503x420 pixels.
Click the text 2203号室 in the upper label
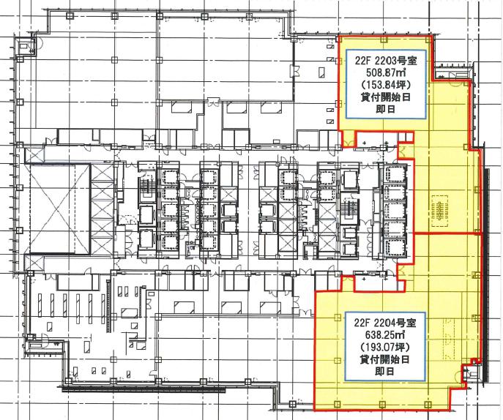point(397,61)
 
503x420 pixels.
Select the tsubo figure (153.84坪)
point(386,85)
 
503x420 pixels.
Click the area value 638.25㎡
point(385,334)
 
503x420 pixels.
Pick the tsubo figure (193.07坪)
point(385,347)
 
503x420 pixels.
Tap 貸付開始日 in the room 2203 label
point(386,97)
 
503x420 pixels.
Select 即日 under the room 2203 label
point(386,109)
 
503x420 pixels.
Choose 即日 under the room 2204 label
point(385,372)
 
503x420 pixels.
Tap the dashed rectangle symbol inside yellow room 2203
point(441,211)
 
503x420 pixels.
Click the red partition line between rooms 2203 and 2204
point(448,233)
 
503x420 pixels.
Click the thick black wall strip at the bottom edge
point(144,389)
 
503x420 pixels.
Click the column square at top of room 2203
point(384,40)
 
